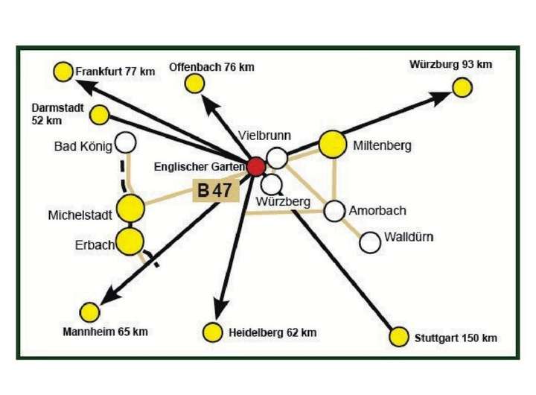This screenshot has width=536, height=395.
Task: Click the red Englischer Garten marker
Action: (255, 166)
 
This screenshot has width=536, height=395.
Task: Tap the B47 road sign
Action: (215, 191)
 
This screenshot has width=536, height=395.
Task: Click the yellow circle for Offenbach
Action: (195, 83)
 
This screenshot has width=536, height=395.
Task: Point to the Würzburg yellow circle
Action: (462, 86)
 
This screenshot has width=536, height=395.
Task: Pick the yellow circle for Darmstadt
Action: (99, 115)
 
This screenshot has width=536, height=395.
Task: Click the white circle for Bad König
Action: (125, 142)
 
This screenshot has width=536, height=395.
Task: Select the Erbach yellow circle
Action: (131, 241)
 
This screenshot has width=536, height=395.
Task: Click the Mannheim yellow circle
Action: (90, 312)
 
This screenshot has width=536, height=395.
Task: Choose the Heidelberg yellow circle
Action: (213, 332)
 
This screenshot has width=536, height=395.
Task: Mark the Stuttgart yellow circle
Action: (400, 336)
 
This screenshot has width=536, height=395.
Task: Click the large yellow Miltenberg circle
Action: (332, 145)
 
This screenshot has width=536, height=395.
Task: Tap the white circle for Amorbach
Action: (335, 211)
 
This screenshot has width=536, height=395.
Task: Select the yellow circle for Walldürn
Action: (370, 242)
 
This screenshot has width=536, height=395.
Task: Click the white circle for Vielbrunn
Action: (277, 158)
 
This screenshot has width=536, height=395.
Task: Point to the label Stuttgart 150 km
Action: (456, 338)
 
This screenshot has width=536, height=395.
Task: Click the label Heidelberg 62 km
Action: (272, 332)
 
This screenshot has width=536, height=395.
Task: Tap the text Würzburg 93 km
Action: (450, 64)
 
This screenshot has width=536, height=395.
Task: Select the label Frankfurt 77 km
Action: (115, 72)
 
